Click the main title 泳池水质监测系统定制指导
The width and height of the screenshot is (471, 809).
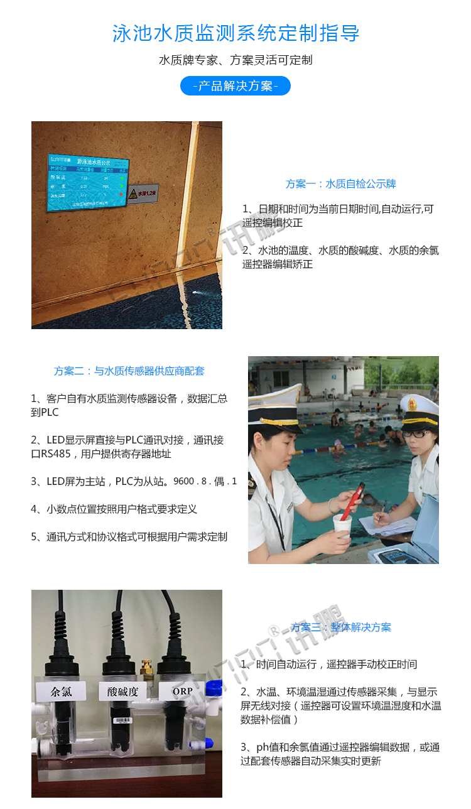pyautogui.click(x=235, y=33)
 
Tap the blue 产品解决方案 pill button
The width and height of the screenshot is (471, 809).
pyautogui.click(x=235, y=86)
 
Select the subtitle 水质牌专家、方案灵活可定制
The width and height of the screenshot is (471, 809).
pyautogui.click(x=235, y=60)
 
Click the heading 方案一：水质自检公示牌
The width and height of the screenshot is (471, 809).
pyautogui.click(x=340, y=184)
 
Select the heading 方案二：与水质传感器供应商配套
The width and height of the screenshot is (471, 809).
pyautogui.click(x=129, y=371)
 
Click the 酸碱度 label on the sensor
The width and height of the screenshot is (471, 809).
pyautogui.click(x=122, y=692)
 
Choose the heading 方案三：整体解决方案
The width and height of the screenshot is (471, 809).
pyautogui.click(x=340, y=627)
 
